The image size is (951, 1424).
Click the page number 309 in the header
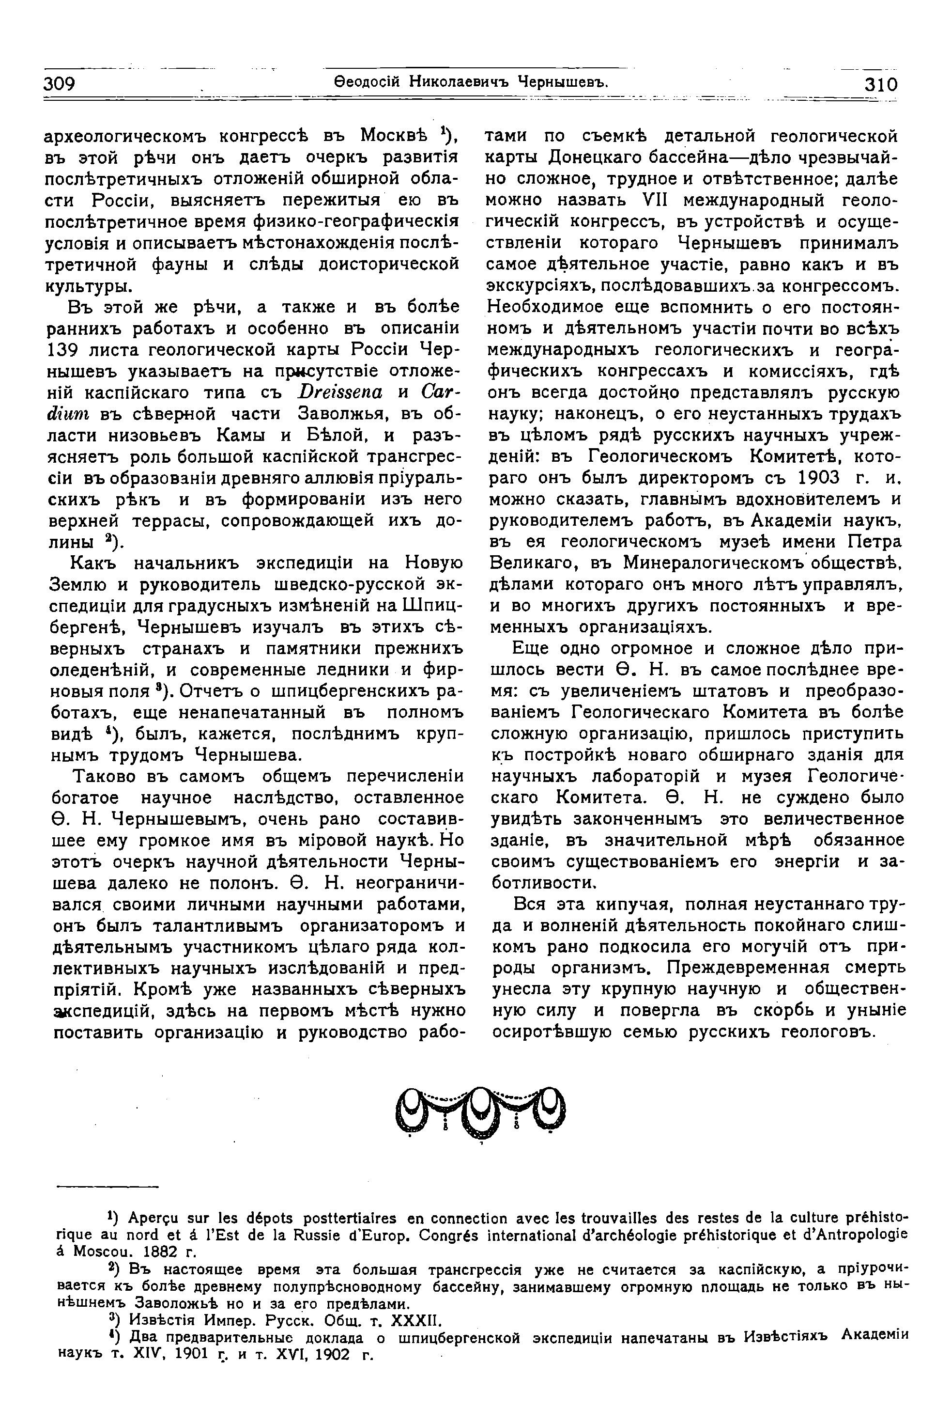pyautogui.click(x=59, y=83)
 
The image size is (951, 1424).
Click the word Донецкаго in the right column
pyautogui.click(x=598, y=156)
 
